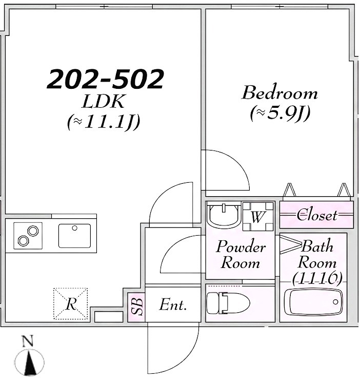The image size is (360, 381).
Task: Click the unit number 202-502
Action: pyautogui.click(x=105, y=79)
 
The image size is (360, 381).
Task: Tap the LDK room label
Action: pyautogui.click(x=104, y=101)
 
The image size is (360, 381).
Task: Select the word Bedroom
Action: pyautogui.click(x=279, y=92)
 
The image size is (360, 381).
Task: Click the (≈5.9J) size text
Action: pyautogui.click(x=280, y=113)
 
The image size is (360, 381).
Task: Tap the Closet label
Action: pyautogui.click(x=317, y=215)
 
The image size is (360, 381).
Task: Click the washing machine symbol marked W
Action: pyautogui.click(x=258, y=217)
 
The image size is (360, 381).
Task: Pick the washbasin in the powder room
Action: pyautogui.click(x=224, y=215)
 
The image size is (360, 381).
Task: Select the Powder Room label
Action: pyautogui.click(x=241, y=255)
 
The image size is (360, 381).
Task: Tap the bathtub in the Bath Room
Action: pyautogui.click(x=313, y=302)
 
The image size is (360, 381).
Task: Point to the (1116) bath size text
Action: pyautogui.click(x=317, y=278)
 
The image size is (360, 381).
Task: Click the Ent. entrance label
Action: pyautogui.click(x=173, y=304)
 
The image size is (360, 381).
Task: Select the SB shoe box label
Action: pyautogui.click(x=137, y=307)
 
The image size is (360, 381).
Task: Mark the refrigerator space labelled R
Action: pyautogui.click(x=71, y=303)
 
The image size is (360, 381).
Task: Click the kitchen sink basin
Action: pyautogui.click(x=74, y=236)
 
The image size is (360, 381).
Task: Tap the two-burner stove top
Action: pyautogui.click(x=28, y=236)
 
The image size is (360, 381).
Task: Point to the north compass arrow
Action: pyautogui.click(x=30, y=363)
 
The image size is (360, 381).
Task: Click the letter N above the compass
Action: pyautogui.click(x=27, y=341)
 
